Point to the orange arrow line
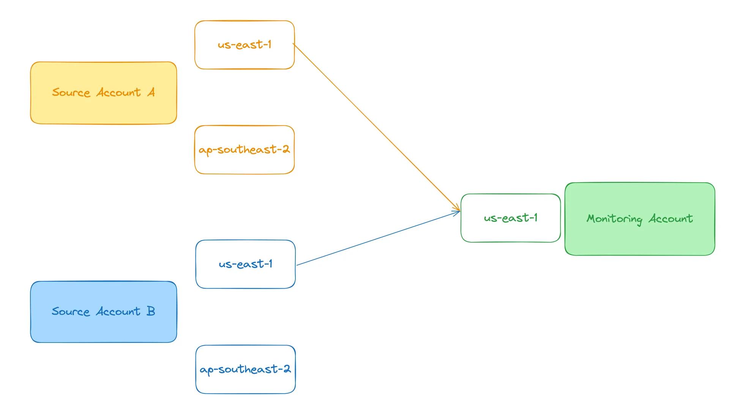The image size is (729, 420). point(376,127)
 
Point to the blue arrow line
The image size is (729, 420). point(378,238)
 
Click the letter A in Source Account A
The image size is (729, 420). point(151,92)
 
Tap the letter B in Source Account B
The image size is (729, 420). point(151,311)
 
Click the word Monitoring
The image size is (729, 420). point(614,219)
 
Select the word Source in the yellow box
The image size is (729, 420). point(71,93)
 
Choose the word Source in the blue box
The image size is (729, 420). point(71,312)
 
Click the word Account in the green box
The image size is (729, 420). point(671,219)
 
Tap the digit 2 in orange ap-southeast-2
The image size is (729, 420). point(286,149)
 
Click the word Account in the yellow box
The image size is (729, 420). point(118,93)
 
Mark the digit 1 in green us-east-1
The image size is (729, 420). point(535,218)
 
